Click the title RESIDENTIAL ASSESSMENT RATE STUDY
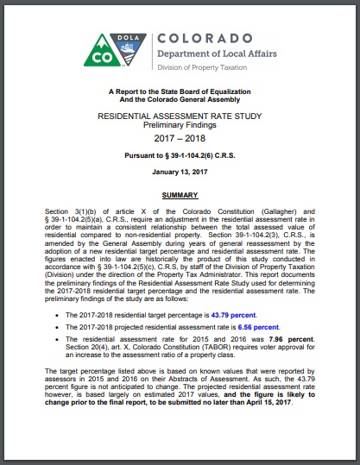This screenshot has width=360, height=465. pyautogui.click(x=180, y=114)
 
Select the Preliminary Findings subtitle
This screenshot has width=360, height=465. pyautogui.click(x=180, y=123)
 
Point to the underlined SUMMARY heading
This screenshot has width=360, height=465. pyautogui.click(x=180, y=197)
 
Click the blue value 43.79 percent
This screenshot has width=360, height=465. pyautogui.click(x=256, y=316)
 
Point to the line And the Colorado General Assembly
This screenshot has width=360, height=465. pyautogui.click(x=180, y=100)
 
